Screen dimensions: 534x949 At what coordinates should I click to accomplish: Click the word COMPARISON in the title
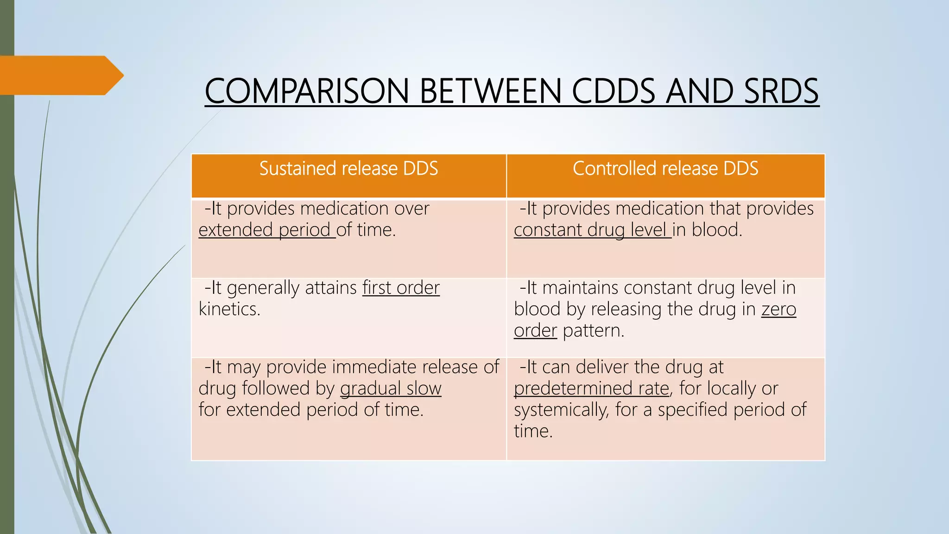click(306, 91)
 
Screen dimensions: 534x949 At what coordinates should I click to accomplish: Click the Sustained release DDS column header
click(348, 169)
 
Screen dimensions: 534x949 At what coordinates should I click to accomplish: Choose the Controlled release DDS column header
click(665, 169)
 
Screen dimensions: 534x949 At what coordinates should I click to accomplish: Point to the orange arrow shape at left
click(60, 76)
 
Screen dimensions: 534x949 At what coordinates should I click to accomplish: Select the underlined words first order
click(401, 288)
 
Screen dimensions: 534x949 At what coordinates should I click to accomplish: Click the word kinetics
click(229, 309)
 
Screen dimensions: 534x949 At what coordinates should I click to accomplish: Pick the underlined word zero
click(778, 309)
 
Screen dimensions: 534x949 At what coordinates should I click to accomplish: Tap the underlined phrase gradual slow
click(391, 388)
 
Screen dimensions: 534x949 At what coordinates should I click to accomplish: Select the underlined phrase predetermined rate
click(592, 388)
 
